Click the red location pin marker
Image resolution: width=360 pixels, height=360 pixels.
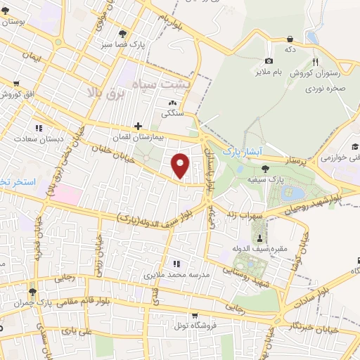[181, 165]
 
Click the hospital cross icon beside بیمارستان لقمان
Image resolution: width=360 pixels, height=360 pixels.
[138, 126]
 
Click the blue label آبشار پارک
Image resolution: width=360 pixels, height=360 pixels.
[241, 151]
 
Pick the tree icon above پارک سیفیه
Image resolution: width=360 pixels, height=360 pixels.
[264, 168]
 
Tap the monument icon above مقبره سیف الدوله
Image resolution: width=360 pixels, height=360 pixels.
[261, 238]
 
